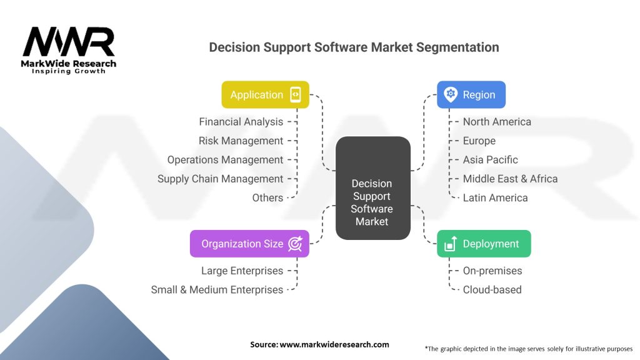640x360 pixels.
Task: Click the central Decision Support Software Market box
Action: tap(372, 188)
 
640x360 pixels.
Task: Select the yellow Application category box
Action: tap(265, 95)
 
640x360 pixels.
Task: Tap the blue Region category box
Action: tap(471, 95)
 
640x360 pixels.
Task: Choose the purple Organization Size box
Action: tap(249, 244)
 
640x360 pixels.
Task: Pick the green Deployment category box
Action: tap(483, 244)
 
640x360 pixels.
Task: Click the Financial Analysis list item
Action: tap(241, 122)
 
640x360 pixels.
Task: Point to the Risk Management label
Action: tap(241, 141)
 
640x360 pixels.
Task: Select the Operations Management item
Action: tap(225, 160)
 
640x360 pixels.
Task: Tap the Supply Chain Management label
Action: tap(220, 179)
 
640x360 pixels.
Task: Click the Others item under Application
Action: tap(267, 197)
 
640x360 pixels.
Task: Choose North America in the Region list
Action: tap(497, 122)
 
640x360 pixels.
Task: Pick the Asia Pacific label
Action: tap(490, 160)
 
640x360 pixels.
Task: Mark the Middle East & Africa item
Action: tap(510, 179)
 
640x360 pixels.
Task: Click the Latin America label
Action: tap(495, 197)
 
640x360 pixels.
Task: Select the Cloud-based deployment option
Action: tap(492, 289)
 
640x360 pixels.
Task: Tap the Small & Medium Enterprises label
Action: tap(217, 289)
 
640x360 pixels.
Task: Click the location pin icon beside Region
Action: tap(450, 95)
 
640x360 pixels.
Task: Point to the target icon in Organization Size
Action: tap(295, 244)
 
